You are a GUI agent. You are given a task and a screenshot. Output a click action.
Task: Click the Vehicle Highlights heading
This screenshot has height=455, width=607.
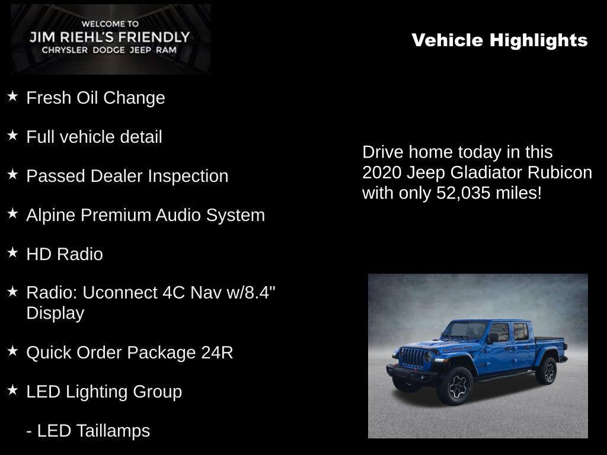(499, 40)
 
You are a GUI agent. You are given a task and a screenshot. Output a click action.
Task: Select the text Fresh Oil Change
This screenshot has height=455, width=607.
(95, 98)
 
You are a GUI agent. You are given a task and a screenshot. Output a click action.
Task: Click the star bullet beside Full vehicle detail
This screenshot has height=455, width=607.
(12, 136)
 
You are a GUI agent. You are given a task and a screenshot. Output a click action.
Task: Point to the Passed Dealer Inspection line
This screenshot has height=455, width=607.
(127, 176)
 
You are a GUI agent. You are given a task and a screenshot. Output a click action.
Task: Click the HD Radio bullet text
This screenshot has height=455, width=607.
(65, 254)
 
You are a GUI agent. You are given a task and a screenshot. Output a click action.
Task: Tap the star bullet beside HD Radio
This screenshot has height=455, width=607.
(12, 253)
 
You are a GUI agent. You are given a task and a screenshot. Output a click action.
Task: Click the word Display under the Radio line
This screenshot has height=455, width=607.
(55, 313)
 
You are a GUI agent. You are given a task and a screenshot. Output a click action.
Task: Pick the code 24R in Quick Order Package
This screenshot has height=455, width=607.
(217, 353)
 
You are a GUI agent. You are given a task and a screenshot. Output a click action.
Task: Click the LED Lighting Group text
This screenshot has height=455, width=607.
(104, 392)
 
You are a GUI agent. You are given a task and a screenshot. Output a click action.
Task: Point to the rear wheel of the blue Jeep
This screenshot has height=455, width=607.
(546, 371)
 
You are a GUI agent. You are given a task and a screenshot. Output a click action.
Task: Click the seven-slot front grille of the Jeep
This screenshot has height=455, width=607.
(413, 357)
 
